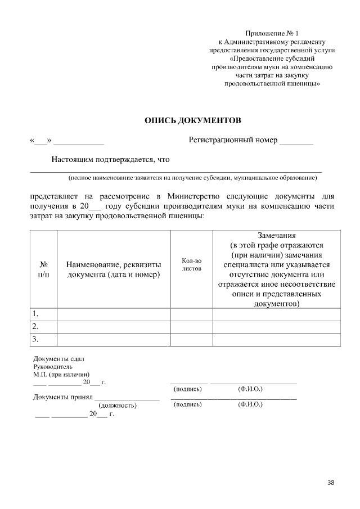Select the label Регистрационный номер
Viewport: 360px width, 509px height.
pos(233,139)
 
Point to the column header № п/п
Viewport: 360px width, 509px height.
pos(43,269)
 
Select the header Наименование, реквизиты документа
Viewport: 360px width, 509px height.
pos(114,269)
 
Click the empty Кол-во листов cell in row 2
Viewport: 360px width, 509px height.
pos(191,326)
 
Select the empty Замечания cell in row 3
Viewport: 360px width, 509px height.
pos(276,339)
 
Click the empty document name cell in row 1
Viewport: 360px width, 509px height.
pos(114,313)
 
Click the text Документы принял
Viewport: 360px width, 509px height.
pos(62,397)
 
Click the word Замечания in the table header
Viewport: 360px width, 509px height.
pos(276,235)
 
